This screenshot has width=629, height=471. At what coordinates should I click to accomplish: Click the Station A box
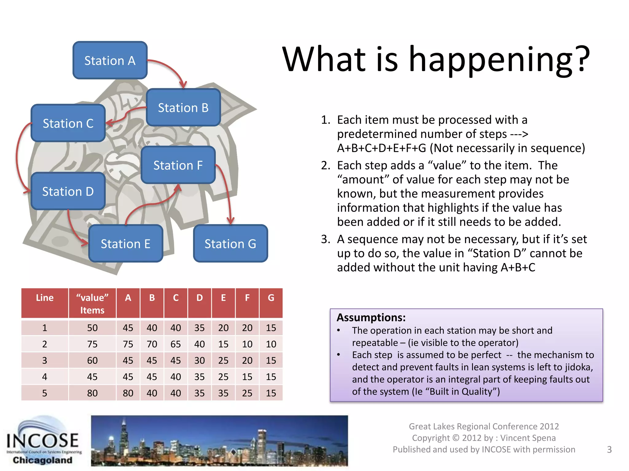tap(110, 60)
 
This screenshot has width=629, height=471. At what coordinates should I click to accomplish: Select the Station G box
tap(230, 243)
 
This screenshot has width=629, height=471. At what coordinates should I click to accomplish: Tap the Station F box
tap(178, 165)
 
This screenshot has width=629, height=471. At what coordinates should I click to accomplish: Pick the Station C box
tap(68, 123)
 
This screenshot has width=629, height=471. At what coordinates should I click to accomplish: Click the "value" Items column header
tap(92, 304)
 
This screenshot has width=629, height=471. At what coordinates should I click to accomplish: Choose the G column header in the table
tap(271, 298)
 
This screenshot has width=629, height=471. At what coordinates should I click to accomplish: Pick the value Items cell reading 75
tap(92, 344)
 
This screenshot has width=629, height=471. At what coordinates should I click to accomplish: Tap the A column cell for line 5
tap(128, 393)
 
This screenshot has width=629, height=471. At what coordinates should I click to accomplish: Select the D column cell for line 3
tap(199, 360)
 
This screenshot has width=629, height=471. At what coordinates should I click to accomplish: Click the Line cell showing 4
tap(45, 377)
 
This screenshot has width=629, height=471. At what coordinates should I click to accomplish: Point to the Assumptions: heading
tap(371, 317)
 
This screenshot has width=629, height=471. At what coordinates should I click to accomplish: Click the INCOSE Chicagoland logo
tap(43, 442)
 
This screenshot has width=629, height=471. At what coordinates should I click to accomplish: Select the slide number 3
tap(609, 450)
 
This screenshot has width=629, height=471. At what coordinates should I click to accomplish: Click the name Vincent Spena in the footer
tap(528, 438)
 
